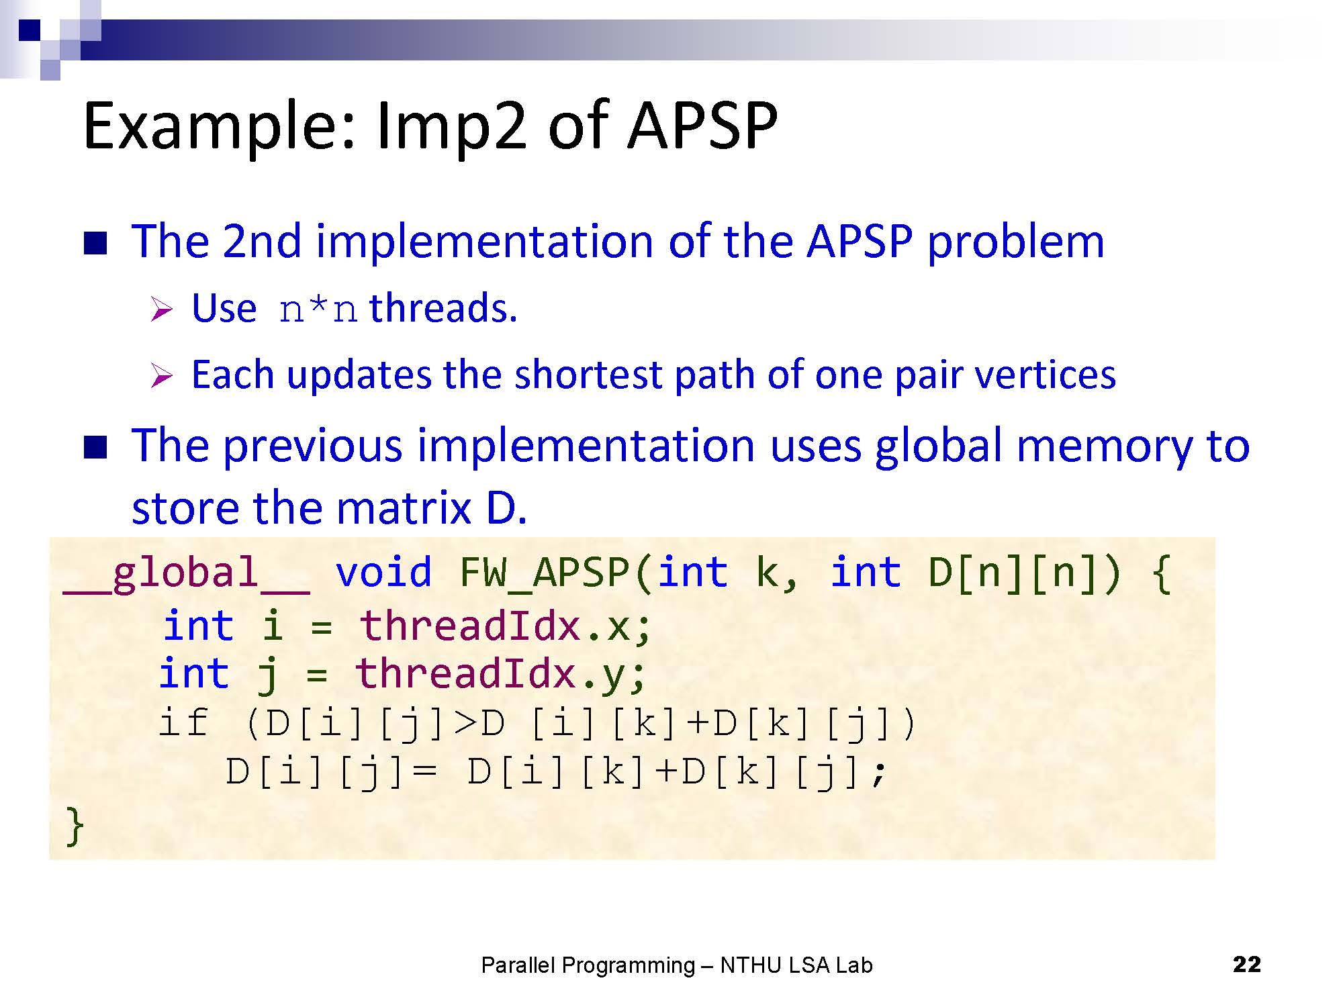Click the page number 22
click(1247, 964)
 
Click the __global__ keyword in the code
click(187, 574)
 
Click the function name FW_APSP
click(545, 575)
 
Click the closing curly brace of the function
click(75, 826)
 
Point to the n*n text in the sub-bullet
click(318, 309)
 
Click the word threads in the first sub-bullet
click(443, 308)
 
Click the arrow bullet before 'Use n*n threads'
click(162, 309)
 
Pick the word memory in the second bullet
click(1104, 447)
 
